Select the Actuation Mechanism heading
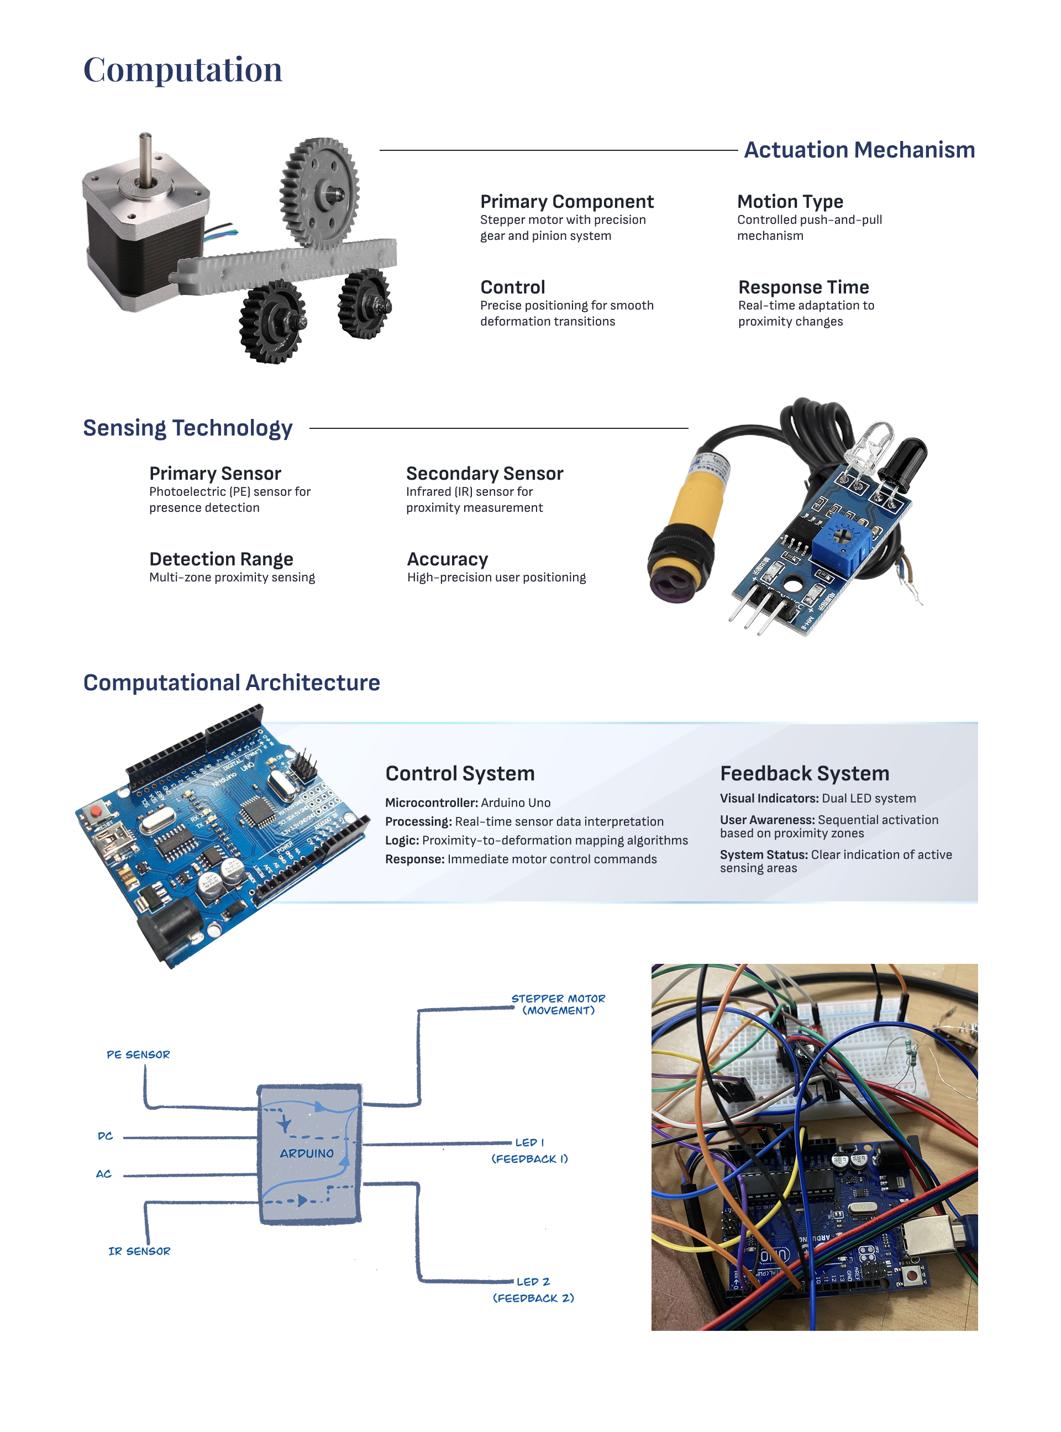click(859, 150)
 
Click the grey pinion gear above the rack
click(320, 192)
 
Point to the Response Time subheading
click(803, 287)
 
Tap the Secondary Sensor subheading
click(484, 473)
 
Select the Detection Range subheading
click(221, 559)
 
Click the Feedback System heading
click(804, 773)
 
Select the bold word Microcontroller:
click(431, 802)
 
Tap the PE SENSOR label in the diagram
click(138, 1055)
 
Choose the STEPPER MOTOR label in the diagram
click(558, 999)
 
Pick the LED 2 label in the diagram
click(533, 1282)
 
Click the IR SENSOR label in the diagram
click(139, 1251)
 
